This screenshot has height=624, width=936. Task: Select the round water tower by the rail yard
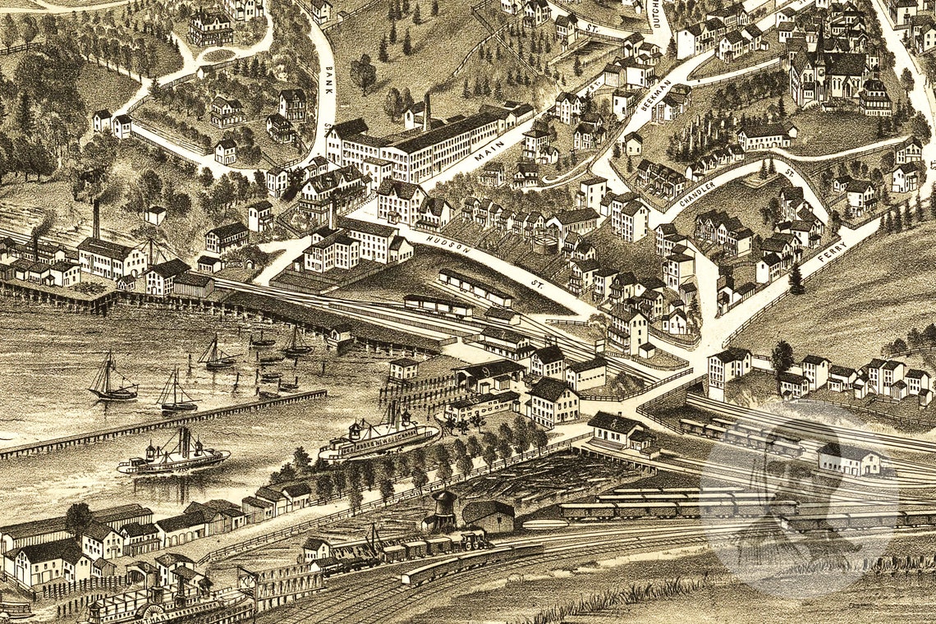[444, 509]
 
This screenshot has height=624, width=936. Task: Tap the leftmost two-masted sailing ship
[111, 380]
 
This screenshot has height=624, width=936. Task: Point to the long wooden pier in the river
[164, 424]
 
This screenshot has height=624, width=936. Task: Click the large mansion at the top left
[211, 26]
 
